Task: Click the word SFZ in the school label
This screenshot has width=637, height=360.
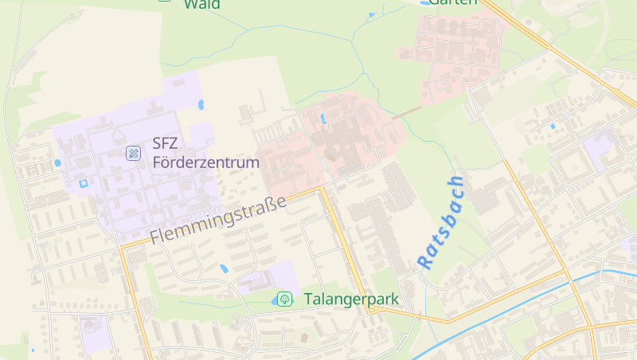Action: pos(165,144)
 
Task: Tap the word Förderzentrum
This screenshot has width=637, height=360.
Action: pos(206,163)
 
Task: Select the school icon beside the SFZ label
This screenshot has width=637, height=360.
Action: pos(134,152)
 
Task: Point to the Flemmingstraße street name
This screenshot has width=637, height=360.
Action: pos(217,221)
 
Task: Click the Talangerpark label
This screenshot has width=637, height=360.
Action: pos(351,299)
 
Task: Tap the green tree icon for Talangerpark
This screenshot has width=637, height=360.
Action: pos(283,299)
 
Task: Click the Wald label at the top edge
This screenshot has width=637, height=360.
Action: pos(202,4)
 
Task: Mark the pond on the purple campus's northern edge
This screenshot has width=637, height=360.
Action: pos(201,104)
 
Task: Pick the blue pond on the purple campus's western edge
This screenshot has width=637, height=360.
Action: pos(57,163)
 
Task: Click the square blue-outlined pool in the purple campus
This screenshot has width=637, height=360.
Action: pos(83,184)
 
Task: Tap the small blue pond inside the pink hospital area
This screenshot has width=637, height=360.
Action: pos(322,119)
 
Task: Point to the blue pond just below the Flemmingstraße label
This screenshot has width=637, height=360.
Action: pos(225,268)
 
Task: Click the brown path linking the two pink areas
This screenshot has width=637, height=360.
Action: pos(407,112)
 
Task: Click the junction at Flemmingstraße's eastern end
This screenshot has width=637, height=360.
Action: pos(323,189)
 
